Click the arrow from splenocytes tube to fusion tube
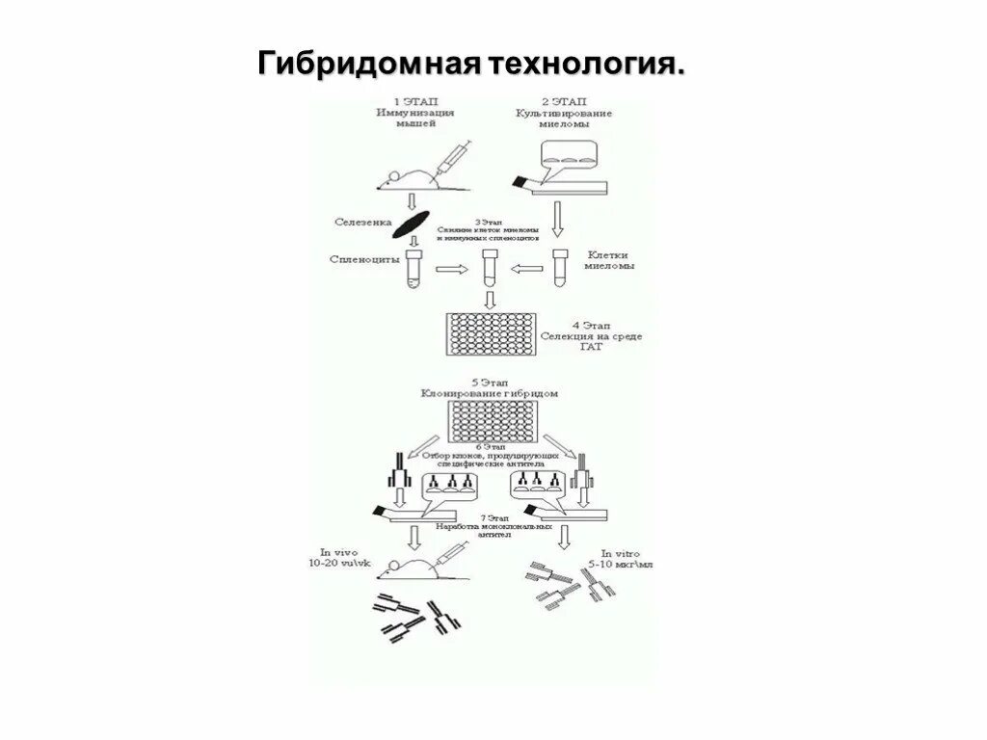click(450, 271)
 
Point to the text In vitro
click(622, 553)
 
